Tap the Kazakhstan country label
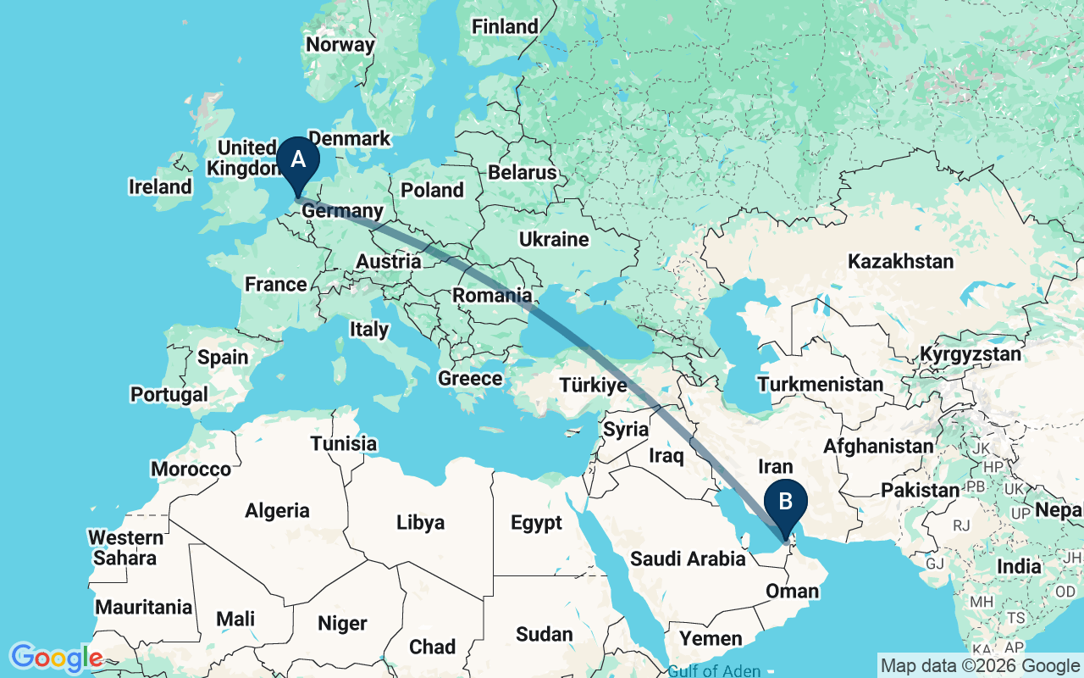pyautogui.click(x=902, y=260)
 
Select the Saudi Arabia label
pyautogui.click(x=688, y=559)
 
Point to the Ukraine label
pyautogui.click(x=554, y=240)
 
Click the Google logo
pyautogui.click(x=56, y=657)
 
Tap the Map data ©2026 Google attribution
pyautogui.click(x=980, y=665)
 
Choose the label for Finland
pyautogui.click(x=505, y=27)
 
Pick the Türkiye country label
pyautogui.click(x=593, y=386)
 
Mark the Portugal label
pyautogui.click(x=169, y=394)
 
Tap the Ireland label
pyautogui.click(x=160, y=186)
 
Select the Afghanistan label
pyautogui.click(x=878, y=446)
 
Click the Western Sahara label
pyautogui.click(x=125, y=547)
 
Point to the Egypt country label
pyautogui.click(x=536, y=522)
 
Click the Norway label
pyautogui.click(x=340, y=45)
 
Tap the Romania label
pyautogui.click(x=492, y=296)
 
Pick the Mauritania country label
pyautogui.click(x=143, y=607)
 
